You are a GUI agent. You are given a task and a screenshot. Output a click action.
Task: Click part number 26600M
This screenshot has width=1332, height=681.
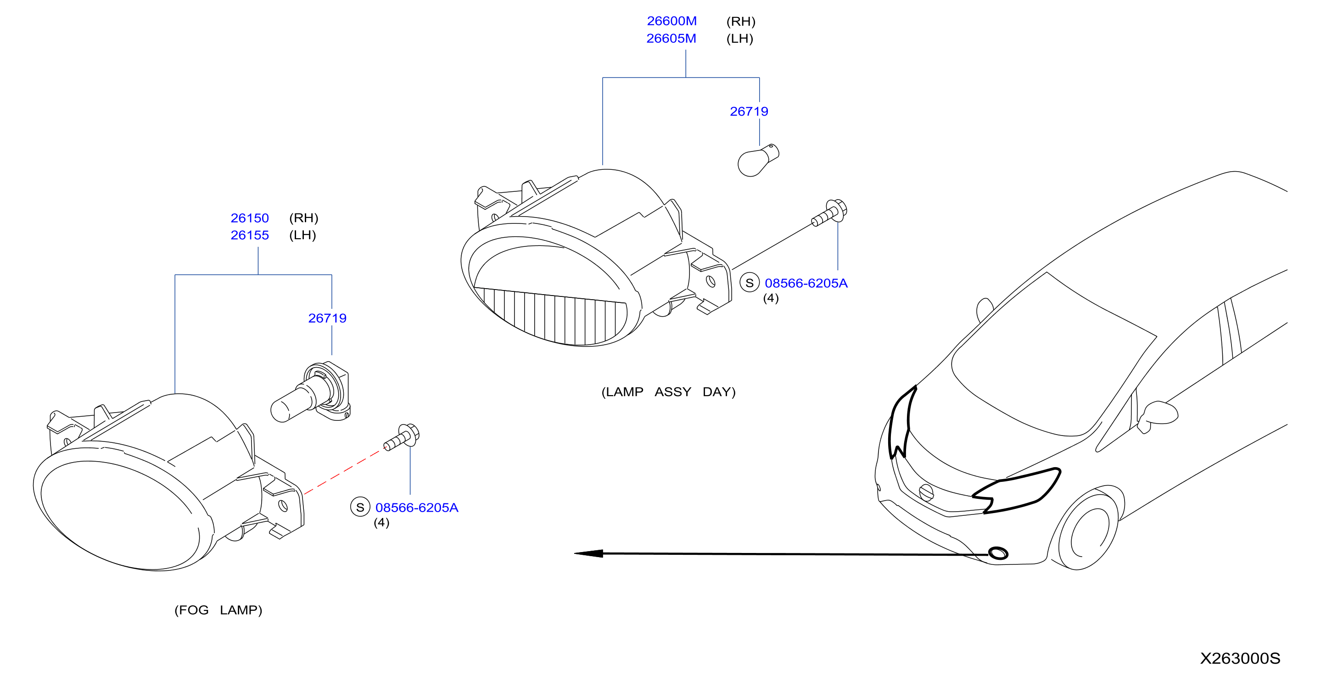click(x=672, y=21)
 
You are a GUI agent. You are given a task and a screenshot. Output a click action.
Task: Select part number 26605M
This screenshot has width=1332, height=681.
click(x=671, y=38)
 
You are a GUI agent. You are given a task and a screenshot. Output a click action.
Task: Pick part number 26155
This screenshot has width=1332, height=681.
click(x=250, y=235)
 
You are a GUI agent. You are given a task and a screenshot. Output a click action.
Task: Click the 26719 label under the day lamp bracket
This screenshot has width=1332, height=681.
click(x=749, y=111)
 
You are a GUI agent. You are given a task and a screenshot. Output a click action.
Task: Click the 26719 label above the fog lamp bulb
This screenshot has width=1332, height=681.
click(x=327, y=318)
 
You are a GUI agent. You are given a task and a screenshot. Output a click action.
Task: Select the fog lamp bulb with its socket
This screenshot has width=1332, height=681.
click(x=311, y=392)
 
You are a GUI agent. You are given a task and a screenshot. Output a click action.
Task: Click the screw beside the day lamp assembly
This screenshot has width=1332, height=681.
click(x=829, y=212)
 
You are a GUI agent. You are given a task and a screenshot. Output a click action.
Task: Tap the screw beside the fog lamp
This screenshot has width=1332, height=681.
click(x=401, y=437)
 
